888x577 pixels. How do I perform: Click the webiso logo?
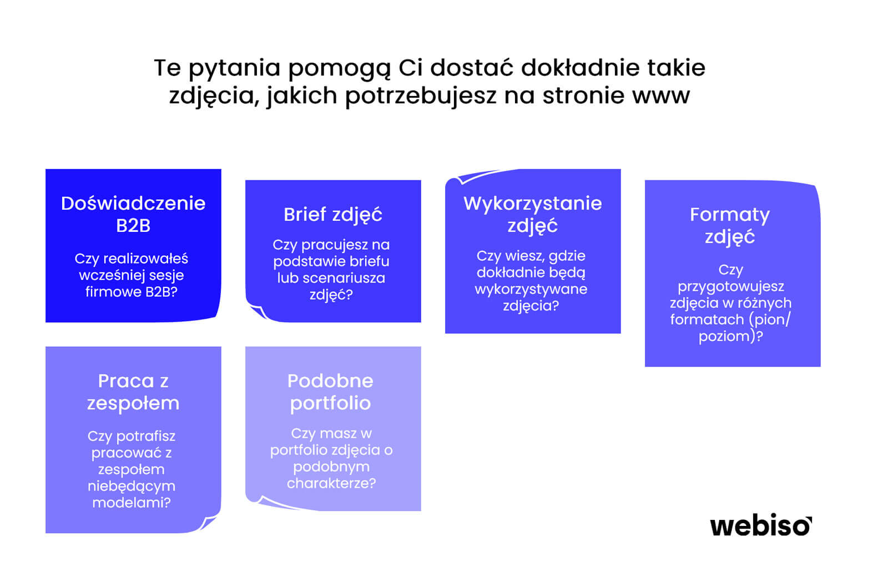761,527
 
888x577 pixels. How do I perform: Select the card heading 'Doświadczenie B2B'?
133,214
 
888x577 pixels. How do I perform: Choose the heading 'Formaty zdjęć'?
730,226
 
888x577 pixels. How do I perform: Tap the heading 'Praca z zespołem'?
133,392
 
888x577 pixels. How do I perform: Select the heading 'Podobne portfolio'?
331,392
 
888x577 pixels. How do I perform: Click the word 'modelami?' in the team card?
132,503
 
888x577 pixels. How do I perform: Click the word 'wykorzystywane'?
531,290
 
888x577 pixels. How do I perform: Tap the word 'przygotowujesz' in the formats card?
731,287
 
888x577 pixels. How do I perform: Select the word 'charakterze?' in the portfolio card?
331,483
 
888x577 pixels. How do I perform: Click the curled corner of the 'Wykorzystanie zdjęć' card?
460,178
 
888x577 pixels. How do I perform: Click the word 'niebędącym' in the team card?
132,486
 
